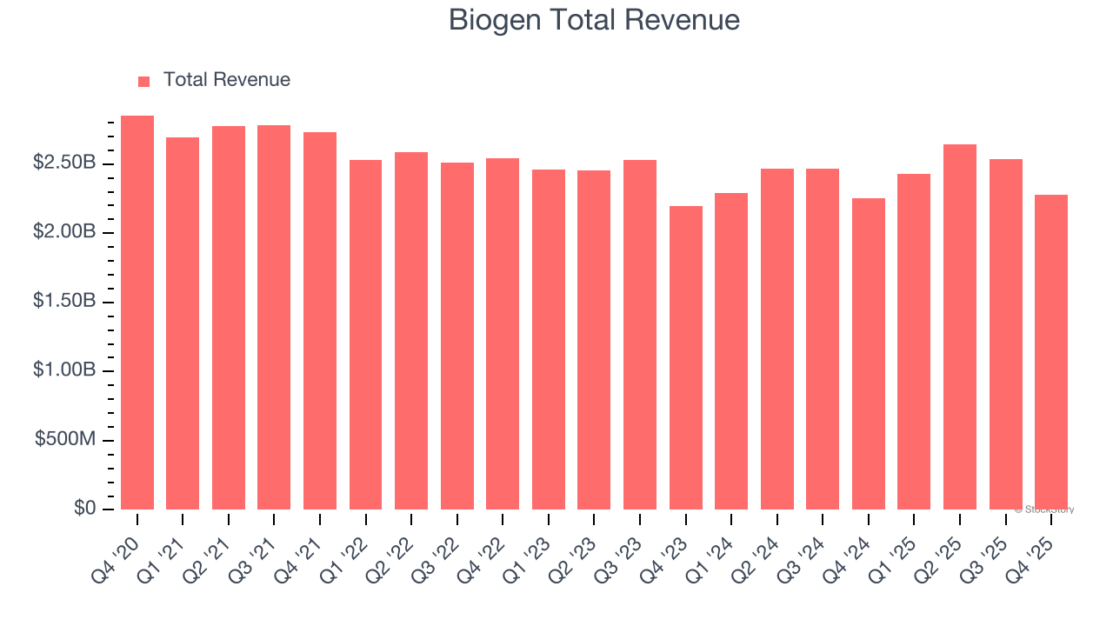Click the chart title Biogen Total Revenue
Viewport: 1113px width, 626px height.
click(x=594, y=20)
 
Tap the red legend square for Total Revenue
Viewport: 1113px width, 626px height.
click(x=144, y=81)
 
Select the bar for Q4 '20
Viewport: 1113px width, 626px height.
click(x=137, y=313)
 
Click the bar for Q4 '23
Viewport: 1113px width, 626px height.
click(x=685, y=357)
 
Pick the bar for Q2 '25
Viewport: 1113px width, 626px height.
click(x=959, y=327)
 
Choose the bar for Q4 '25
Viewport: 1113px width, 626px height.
click(x=1050, y=352)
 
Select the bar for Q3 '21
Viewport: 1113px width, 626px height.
click(x=274, y=317)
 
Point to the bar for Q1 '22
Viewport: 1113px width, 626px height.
click(x=365, y=335)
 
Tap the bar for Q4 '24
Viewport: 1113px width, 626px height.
click(x=868, y=354)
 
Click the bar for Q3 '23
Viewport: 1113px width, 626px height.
click(x=639, y=335)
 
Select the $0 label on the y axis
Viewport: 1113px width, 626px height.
click(x=84, y=509)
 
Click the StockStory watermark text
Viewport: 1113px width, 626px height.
click(x=1045, y=509)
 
